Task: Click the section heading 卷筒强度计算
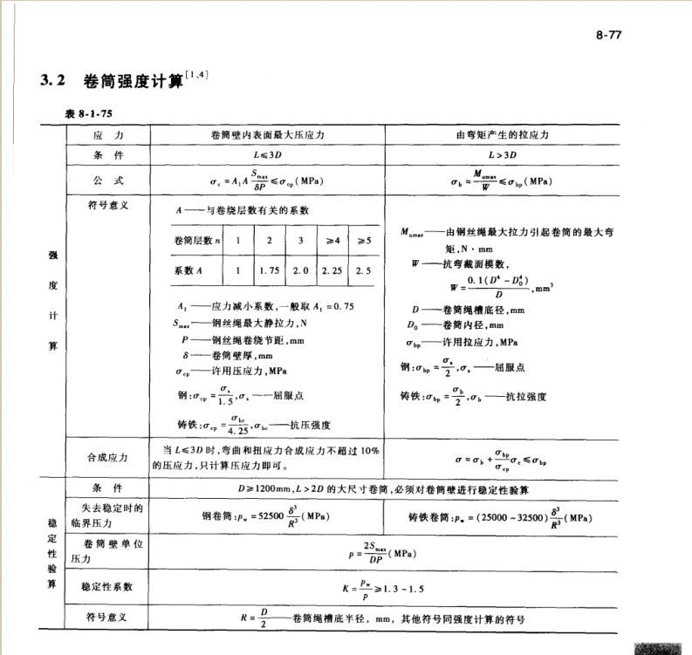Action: [x=133, y=82]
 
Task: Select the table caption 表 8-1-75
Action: [x=89, y=114]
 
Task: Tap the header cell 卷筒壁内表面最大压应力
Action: [x=265, y=136]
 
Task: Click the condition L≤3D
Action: [x=265, y=157]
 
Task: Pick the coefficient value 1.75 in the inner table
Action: [x=269, y=270]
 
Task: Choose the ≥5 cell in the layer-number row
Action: [x=364, y=239]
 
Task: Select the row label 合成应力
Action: [x=107, y=456]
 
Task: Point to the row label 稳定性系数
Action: [x=107, y=587]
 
